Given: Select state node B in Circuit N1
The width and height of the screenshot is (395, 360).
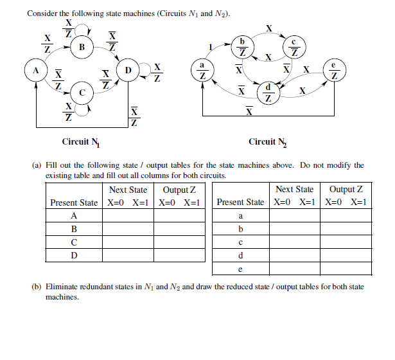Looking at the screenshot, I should coord(82,46).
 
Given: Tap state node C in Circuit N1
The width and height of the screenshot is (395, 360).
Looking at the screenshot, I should coord(82,93).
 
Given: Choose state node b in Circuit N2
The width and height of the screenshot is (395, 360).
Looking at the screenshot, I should coord(242,46).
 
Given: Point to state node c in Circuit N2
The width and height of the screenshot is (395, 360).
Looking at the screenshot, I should coord(294,46).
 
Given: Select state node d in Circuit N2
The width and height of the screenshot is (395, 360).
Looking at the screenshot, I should coord(268,93).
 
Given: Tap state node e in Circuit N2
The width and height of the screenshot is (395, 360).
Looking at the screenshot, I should coord(335,70).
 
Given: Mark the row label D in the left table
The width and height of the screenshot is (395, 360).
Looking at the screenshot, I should coord(74,256).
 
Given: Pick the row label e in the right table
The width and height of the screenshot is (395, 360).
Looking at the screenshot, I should coord(240,269).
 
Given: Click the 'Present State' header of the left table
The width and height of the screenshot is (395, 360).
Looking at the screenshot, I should coord(74,203).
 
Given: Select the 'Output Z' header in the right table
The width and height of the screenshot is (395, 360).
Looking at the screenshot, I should coord(346,189).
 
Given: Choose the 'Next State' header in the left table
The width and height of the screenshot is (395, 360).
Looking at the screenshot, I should coord(128,190).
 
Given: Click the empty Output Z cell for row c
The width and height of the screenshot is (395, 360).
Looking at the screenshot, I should coord(346,243).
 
